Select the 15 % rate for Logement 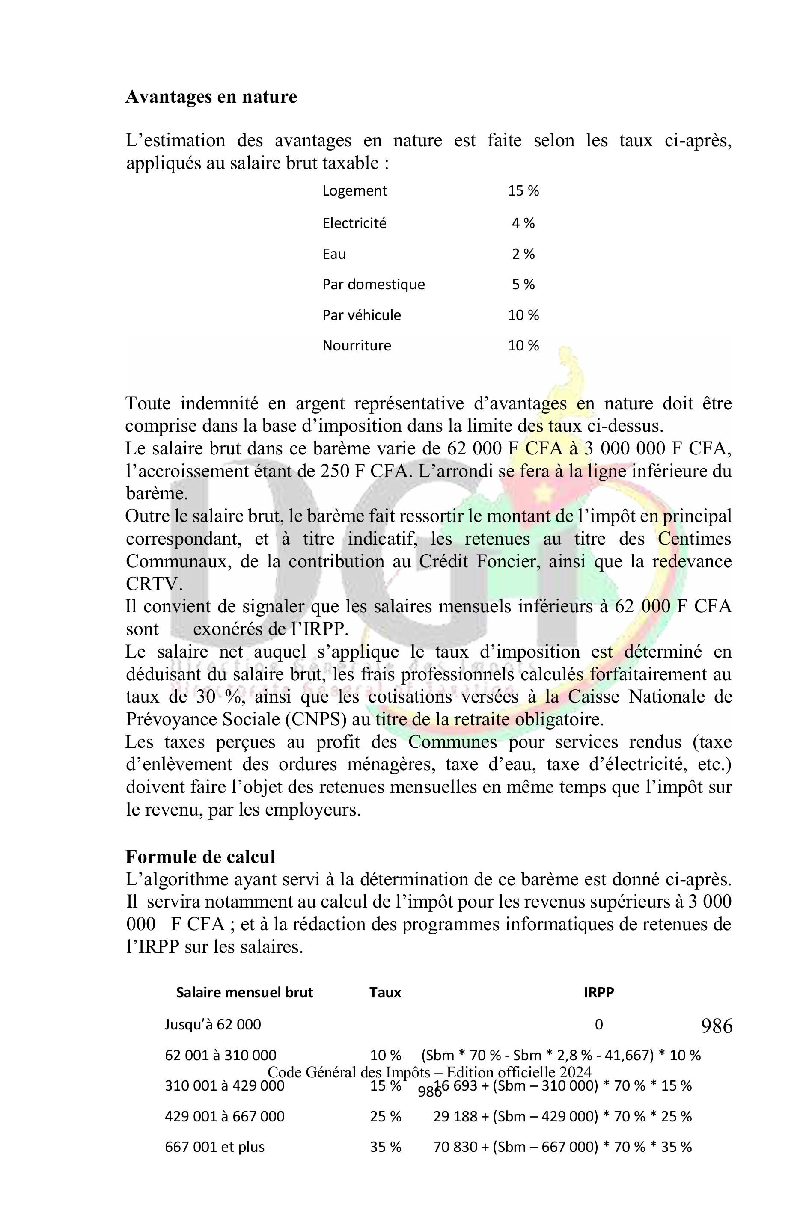tap(523, 191)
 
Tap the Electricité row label tap(354, 223)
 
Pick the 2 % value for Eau tap(523, 254)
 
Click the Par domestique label tap(374, 284)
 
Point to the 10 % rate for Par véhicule tap(523, 315)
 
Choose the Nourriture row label tap(357, 346)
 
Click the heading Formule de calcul tap(200, 857)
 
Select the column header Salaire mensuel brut tap(244, 992)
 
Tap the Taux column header tap(385, 992)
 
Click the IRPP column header tap(598, 992)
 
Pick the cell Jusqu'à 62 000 tap(213, 1024)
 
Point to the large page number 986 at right tap(717, 1026)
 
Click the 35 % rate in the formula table tap(385, 1147)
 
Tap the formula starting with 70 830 tap(562, 1147)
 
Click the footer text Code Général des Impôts tap(429, 1072)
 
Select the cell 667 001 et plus tap(214, 1147)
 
